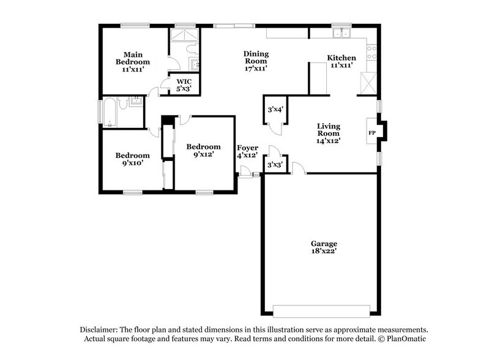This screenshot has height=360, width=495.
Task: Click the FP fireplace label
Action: [x=371, y=132]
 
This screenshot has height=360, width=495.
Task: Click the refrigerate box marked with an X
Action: [x=368, y=83]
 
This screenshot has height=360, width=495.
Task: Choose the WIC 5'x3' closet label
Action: [x=184, y=85]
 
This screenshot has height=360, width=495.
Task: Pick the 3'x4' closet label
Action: [x=275, y=110]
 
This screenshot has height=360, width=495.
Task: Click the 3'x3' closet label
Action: [x=275, y=164]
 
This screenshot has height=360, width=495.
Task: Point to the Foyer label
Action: [x=248, y=148]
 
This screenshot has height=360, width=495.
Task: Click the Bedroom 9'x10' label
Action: [x=132, y=159]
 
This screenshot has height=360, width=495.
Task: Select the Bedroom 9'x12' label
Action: [x=203, y=151]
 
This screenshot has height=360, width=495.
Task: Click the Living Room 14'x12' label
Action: [x=328, y=133]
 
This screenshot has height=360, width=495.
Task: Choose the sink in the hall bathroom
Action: [x=135, y=101]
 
